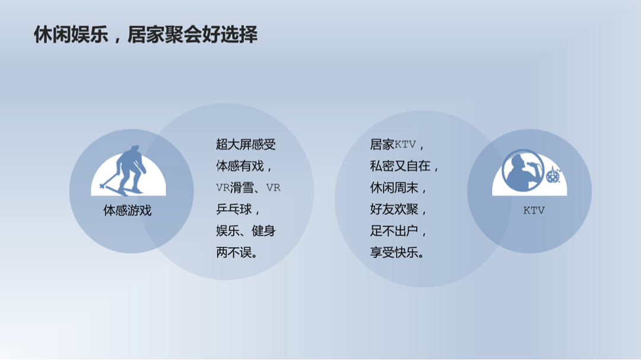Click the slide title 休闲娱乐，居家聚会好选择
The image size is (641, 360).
tap(145, 35)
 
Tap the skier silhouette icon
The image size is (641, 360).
tap(125, 170)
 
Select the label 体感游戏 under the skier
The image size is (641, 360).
tap(127, 211)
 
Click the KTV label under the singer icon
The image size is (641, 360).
tap(534, 211)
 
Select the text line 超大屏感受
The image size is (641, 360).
tap(246, 144)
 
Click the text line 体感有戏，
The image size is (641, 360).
tap(244, 166)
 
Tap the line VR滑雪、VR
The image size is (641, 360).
tap(248, 187)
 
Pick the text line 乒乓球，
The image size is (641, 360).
tap(239, 209)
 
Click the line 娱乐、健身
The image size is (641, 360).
tap(246, 231)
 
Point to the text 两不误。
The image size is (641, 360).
tap(237, 253)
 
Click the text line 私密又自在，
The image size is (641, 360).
tap(405, 166)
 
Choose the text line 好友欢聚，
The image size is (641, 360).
tap(399, 209)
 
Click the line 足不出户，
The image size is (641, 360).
tap(399, 231)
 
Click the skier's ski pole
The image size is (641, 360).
tap(109, 180)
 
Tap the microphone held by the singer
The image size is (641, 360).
tap(534, 164)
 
